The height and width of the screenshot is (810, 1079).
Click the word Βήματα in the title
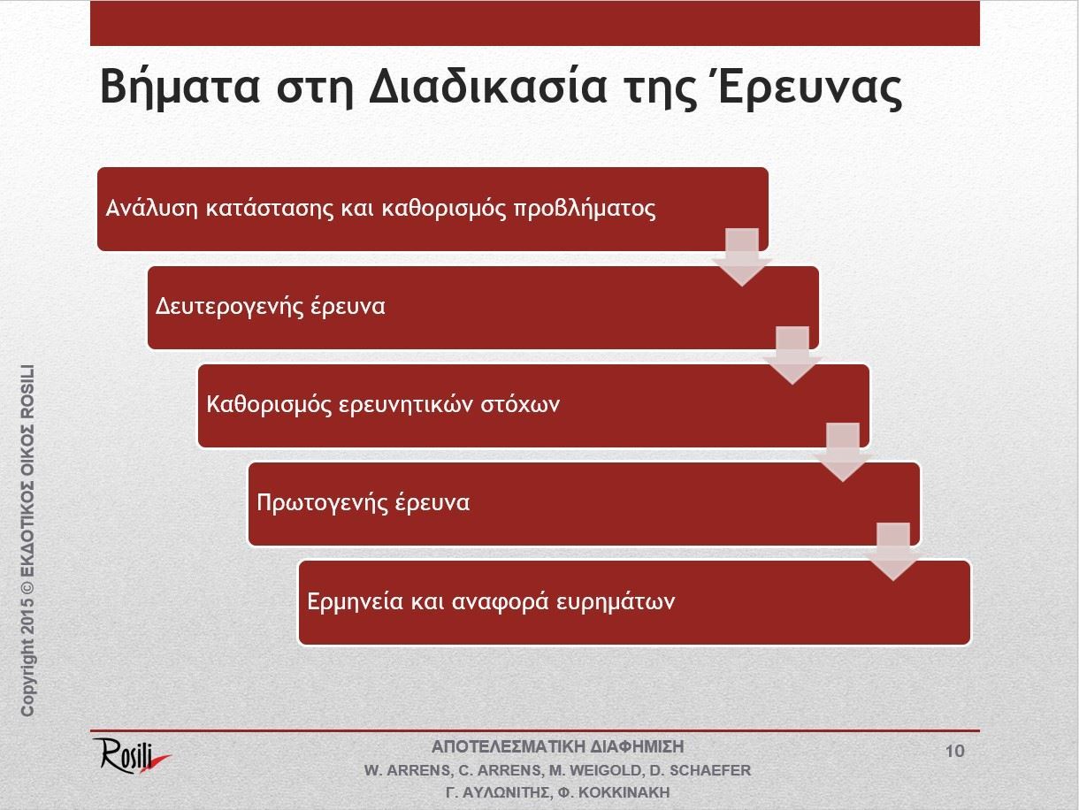point(180,88)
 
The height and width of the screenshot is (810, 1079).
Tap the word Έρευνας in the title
point(811,88)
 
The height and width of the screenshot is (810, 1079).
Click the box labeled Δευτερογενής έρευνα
point(483,308)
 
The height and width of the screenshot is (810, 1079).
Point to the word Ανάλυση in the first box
point(152,209)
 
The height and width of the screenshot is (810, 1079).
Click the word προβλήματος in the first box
point(585,210)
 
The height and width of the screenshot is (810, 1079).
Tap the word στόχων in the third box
point(520,405)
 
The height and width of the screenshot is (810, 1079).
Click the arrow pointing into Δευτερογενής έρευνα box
point(742,257)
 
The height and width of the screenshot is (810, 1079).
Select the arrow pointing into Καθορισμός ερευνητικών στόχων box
point(792,355)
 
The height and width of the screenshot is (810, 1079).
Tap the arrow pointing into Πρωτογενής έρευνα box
point(843,453)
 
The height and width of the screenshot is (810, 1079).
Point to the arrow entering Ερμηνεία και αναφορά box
point(893,552)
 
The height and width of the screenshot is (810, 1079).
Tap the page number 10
point(954,751)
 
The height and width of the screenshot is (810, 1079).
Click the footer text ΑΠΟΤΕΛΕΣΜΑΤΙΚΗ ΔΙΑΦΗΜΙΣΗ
point(557,746)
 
